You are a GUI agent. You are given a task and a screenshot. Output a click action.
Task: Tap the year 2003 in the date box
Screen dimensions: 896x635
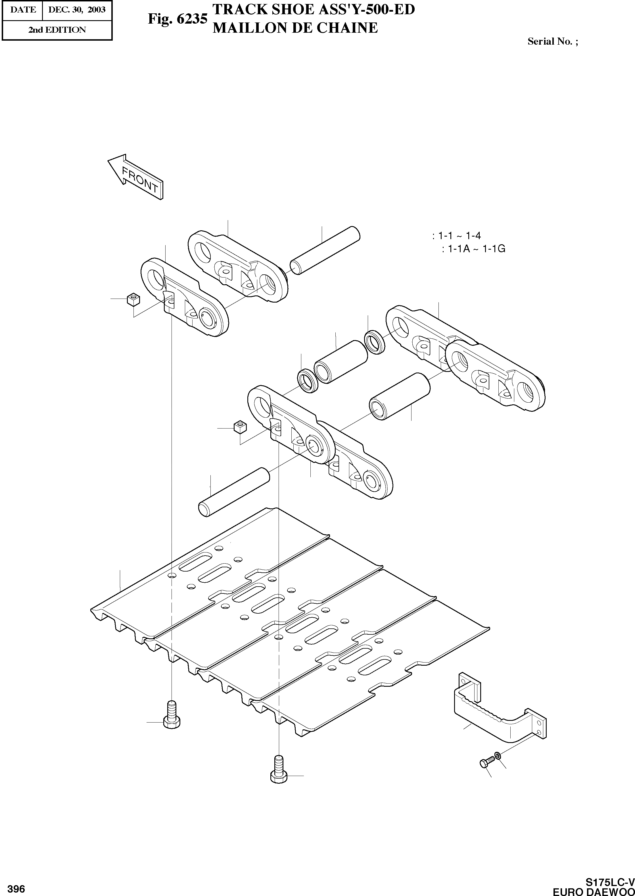97,9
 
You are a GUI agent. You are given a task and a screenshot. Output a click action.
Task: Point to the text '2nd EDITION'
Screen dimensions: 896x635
57,30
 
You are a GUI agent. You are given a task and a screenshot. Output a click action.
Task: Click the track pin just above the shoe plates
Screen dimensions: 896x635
234,492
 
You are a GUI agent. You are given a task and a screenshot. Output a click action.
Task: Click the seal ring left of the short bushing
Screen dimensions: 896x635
308,380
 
